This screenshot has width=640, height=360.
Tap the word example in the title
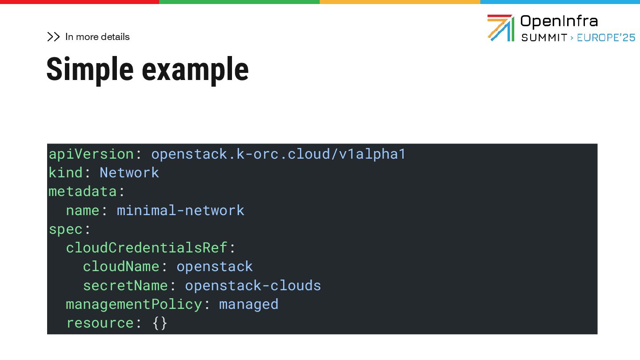click(x=195, y=70)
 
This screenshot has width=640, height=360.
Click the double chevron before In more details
click(x=53, y=37)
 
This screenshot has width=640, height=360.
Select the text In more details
click(x=97, y=37)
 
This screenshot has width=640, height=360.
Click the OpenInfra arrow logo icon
click(x=500, y=28)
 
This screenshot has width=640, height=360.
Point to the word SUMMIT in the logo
click(x=544, y=38)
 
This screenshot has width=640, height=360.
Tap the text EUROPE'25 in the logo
click(x=606, y=38)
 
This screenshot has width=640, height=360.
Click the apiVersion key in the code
click(x=91, y=154)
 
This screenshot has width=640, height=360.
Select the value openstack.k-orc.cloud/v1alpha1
click(x=278, y=154)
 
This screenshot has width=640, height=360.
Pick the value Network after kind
click(x=129, y=173)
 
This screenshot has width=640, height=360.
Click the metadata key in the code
click(x=83, y=192)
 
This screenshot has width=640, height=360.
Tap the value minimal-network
click(x=180, y=210)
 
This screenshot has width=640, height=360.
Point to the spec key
click(x=66, y=229)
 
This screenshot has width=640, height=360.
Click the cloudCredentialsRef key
click(x=147, y=248)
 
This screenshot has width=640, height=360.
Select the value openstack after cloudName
click(x=215, y=267)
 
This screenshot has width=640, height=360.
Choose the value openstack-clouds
click(x=253, y=285)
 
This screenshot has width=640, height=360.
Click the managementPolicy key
click(x=134, y=304)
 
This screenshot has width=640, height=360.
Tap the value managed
click(x=248, y=304)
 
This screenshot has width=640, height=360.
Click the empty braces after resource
click(x=160, y=323)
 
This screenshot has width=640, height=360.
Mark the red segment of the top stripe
click(x=80, y=2)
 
